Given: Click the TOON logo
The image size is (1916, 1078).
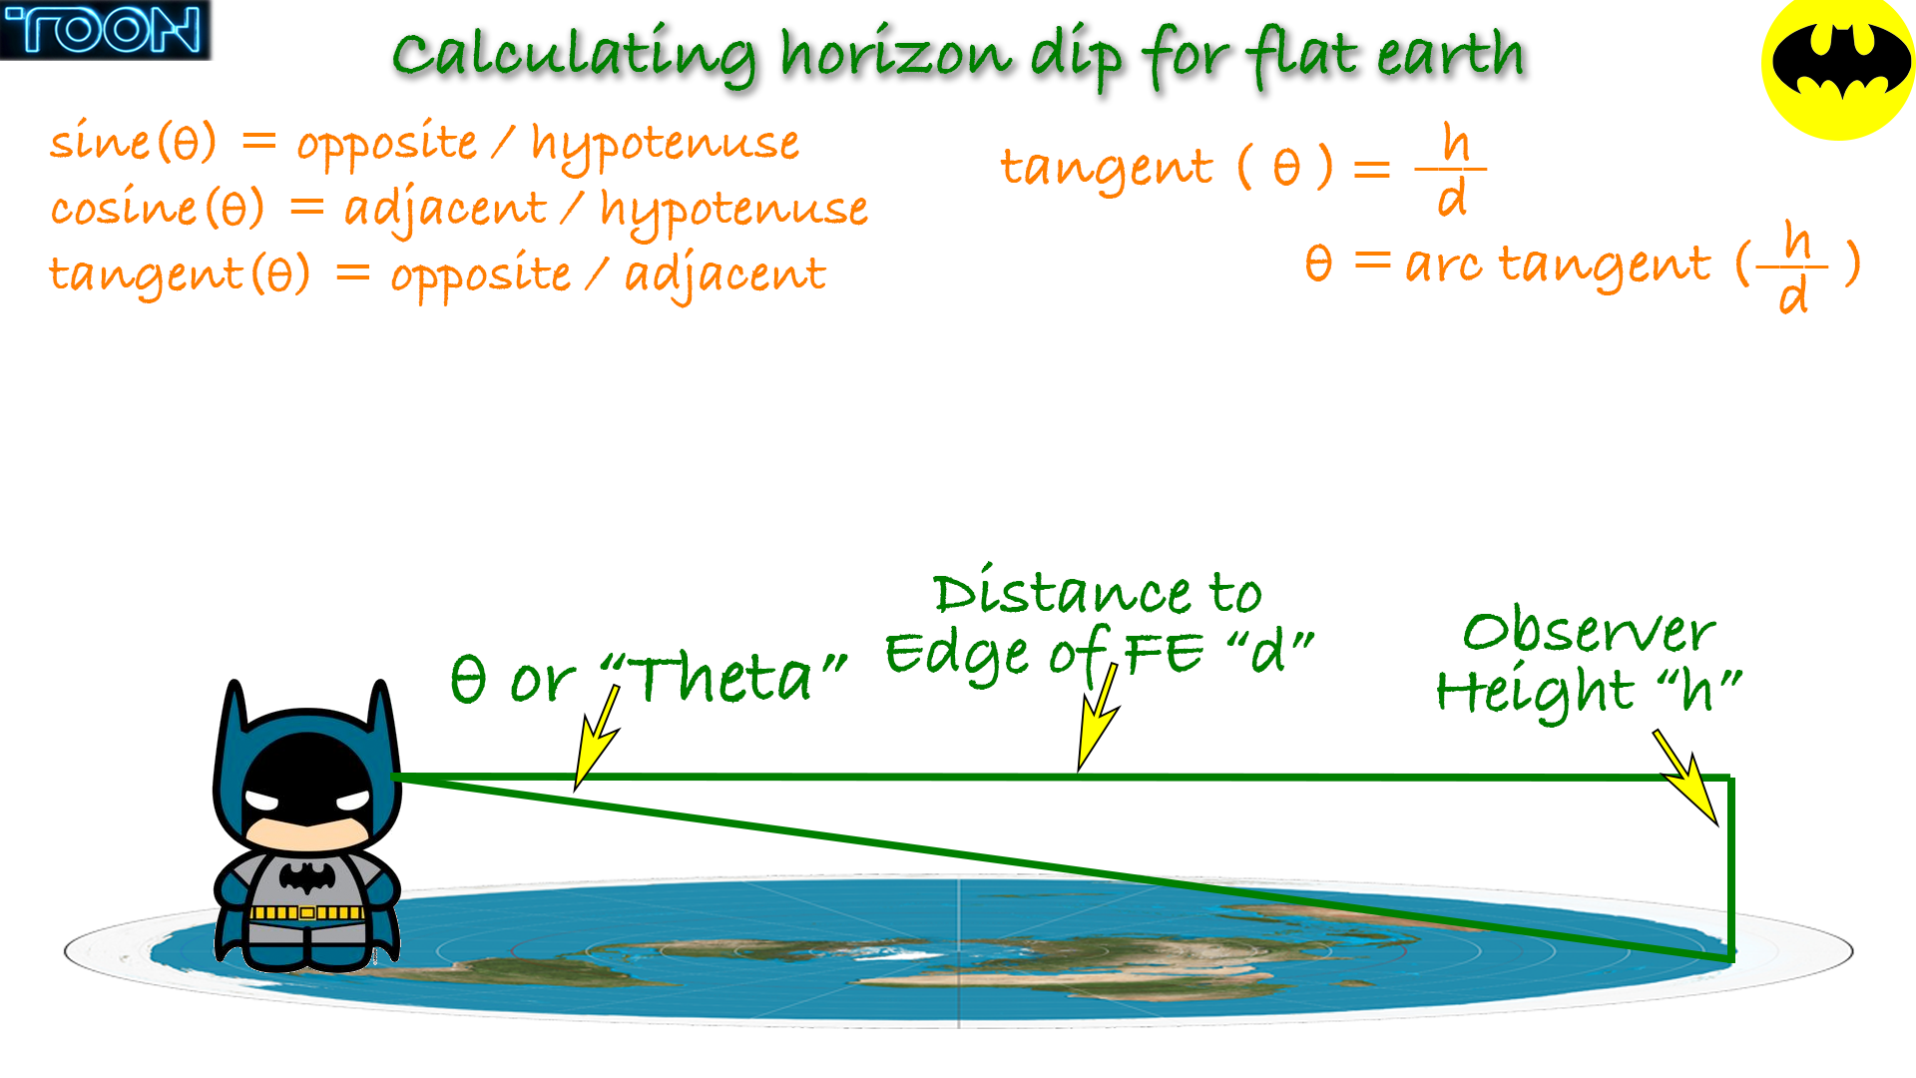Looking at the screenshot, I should (x=105, y=30).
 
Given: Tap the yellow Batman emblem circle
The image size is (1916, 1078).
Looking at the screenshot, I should (x=1838, y=66).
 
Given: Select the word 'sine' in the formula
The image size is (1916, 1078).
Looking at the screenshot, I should (x=100, y=141).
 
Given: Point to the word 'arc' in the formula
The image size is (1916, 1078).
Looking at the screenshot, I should (x=1443, y=265).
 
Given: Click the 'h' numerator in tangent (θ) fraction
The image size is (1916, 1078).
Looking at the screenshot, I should (x=1456, y=144).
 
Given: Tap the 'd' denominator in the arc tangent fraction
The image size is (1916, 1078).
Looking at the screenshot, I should (x=1793, y=295).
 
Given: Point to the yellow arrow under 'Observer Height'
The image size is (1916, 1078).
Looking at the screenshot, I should (x=1686, y=779).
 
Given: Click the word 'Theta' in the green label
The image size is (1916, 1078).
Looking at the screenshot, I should (x=723, y=679).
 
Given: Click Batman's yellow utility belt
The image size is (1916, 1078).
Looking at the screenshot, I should (x=306, y=912).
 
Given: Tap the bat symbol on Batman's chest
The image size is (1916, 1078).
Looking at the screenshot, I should (x=307, y=878).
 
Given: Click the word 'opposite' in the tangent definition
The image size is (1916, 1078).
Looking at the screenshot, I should (x=480, y=275).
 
